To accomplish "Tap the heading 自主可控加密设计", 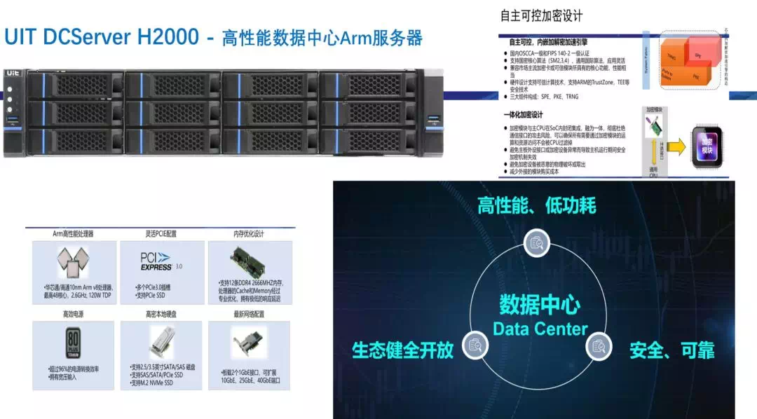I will [541, 15].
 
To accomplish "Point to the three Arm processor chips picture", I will [74, 263].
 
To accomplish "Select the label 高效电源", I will [73, 315].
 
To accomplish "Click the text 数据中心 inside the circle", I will [540, 305].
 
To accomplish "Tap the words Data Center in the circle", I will [540, 328].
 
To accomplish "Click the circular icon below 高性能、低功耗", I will [538, 242].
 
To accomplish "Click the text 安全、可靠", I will [671, 349].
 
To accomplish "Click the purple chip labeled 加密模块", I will [707, 146].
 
